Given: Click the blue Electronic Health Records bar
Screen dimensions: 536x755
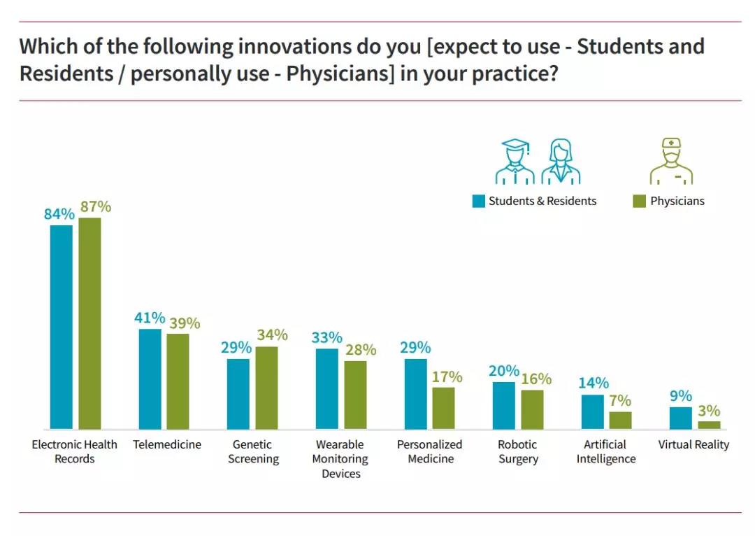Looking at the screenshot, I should coord(62,327).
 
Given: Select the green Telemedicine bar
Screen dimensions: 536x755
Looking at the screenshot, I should coord(178,381).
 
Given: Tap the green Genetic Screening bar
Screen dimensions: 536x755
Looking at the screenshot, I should coord(266,388).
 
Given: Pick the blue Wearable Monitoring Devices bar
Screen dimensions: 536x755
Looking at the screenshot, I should coord(327,388).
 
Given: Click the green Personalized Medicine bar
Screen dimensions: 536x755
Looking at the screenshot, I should coord(443,408).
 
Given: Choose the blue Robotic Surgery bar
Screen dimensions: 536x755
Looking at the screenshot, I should coord(503,405).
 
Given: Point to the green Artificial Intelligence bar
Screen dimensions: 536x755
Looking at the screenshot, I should coord(620,420).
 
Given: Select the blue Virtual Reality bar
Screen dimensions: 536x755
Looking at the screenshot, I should coord(680,418).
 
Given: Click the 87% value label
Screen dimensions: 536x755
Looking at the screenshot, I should coord(95,206).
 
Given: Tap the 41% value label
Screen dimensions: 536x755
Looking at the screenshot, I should coord(150,318).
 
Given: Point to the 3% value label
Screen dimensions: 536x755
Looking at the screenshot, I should coord(708,411).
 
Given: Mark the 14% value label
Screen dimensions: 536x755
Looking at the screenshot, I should coord(594,383).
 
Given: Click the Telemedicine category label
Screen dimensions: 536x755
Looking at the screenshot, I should coord(167,444).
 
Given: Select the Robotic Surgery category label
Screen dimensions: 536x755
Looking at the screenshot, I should coord(518,451).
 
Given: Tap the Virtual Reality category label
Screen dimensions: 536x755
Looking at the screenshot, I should coord(693,444).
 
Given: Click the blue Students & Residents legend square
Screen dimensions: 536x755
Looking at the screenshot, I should coord(478,202).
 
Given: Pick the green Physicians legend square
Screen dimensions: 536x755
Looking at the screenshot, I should coord(639,202).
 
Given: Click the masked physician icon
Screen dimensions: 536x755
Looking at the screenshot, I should coord(670,161).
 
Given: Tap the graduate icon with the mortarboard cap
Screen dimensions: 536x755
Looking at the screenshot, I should coord(515,161).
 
